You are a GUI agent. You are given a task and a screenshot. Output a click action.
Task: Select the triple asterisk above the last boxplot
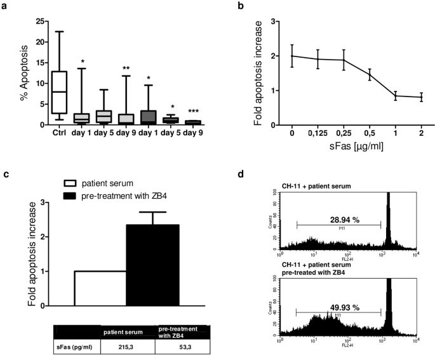(x=194, y=111)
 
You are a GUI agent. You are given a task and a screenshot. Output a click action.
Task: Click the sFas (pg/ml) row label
(x=75, y=347)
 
